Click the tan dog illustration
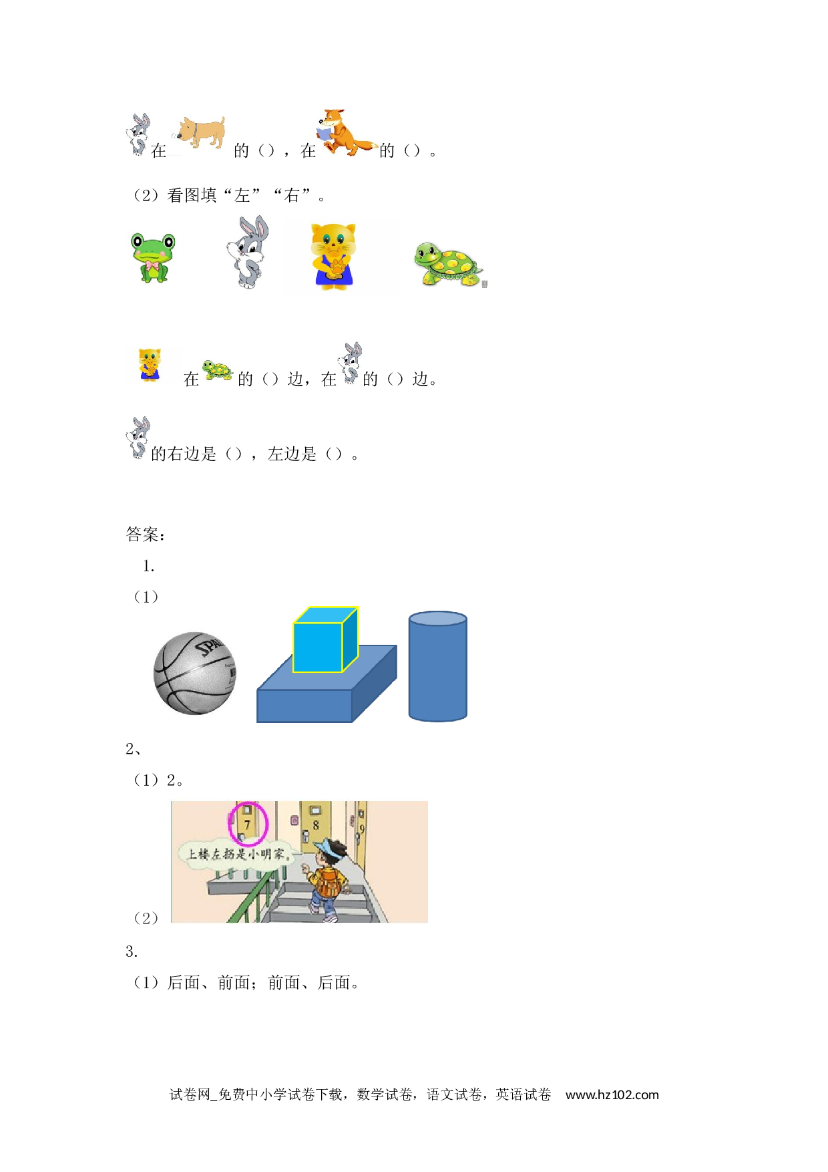point(201,132)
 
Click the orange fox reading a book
point(345,132)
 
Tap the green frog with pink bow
point(153,257)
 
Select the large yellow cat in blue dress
point(334,257)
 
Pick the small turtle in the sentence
point(218,370)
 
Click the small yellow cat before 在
point(150,365)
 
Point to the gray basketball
point(195,673)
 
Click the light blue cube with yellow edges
point(326,639)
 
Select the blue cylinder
point(438,666)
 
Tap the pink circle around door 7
point(248,824)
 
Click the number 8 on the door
point(316,826)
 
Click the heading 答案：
point(146,535)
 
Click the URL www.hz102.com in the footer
point(612,1094)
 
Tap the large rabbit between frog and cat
point(248,252)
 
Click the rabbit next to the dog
point(138,134)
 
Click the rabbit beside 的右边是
point(138,438)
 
